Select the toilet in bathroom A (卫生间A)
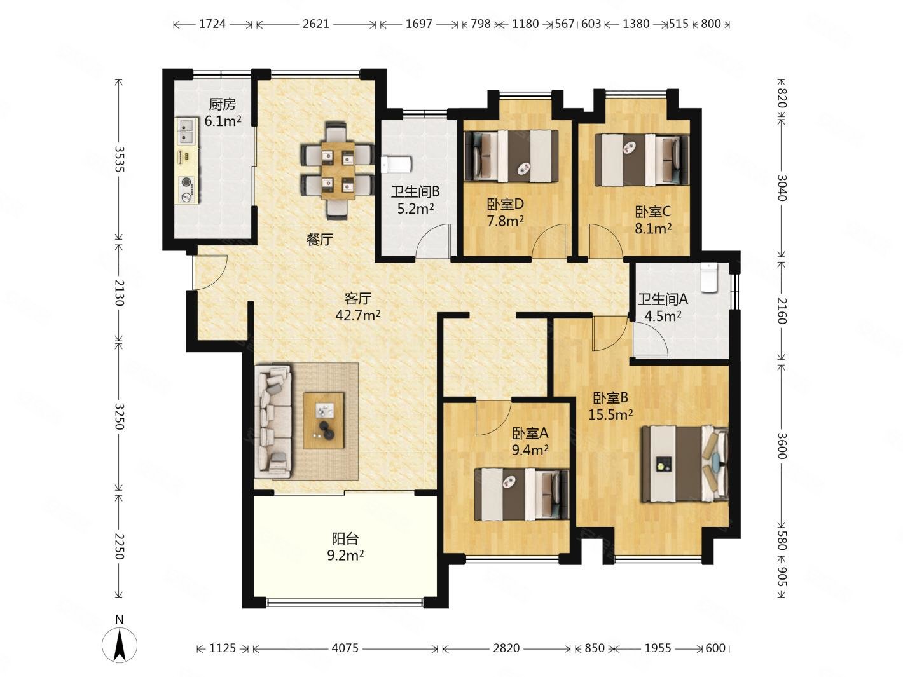pos(709,278)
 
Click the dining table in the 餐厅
pos(338,170)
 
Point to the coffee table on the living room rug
pos(323,420)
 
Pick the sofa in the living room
pos(273,421)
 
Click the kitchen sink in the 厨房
pos(187,131)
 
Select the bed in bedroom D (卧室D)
pos(511,156)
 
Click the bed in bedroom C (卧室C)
pos(642,160)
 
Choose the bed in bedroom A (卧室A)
pos(521,495)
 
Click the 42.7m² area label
pos(358,315)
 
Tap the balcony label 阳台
pos(345,538)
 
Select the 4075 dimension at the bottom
pos(345,648)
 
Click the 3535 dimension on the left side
pos(120,159)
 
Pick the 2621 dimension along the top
pos(316,24)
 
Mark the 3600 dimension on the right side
pos(782,446)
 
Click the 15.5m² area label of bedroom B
pos(610,414)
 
